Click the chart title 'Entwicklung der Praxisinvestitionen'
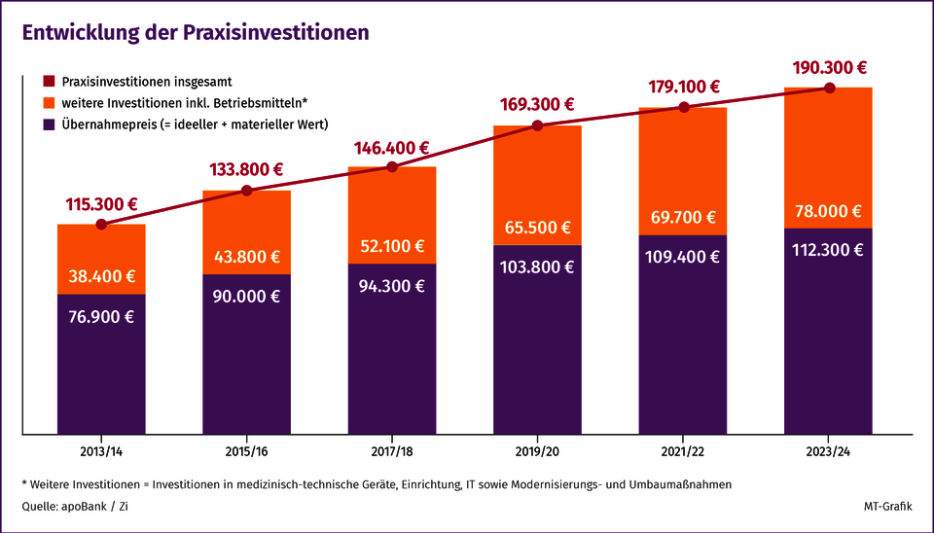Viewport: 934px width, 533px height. [x=196, y=32]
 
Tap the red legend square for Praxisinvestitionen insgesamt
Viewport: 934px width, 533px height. [x=48, y=81]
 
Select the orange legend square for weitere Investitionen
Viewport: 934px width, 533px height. [x=48, y=102]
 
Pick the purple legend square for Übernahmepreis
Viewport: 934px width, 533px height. [x=48, y=124]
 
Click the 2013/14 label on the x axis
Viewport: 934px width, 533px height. [x=101, y=451]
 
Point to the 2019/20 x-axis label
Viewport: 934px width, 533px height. [x=537, y=451]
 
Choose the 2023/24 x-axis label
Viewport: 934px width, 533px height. [x=828, y=451]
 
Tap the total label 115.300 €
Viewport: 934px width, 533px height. [x=101, y=205]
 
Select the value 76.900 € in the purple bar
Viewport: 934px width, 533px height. [x=101, y=315]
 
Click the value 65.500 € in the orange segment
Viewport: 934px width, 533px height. [x=537, y=228]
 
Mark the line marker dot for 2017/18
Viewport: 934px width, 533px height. [x=392, y=167]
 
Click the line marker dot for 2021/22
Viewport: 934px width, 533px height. [x=683, y=107]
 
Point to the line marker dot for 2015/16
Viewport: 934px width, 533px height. [x=246, y=191]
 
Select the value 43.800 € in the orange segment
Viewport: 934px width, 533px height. [x=246, y=258]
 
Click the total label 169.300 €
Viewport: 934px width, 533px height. [x=537, y=104]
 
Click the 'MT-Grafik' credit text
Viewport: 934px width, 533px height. [x=888, y=507]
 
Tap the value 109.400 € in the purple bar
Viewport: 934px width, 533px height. [x=683, y=257]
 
